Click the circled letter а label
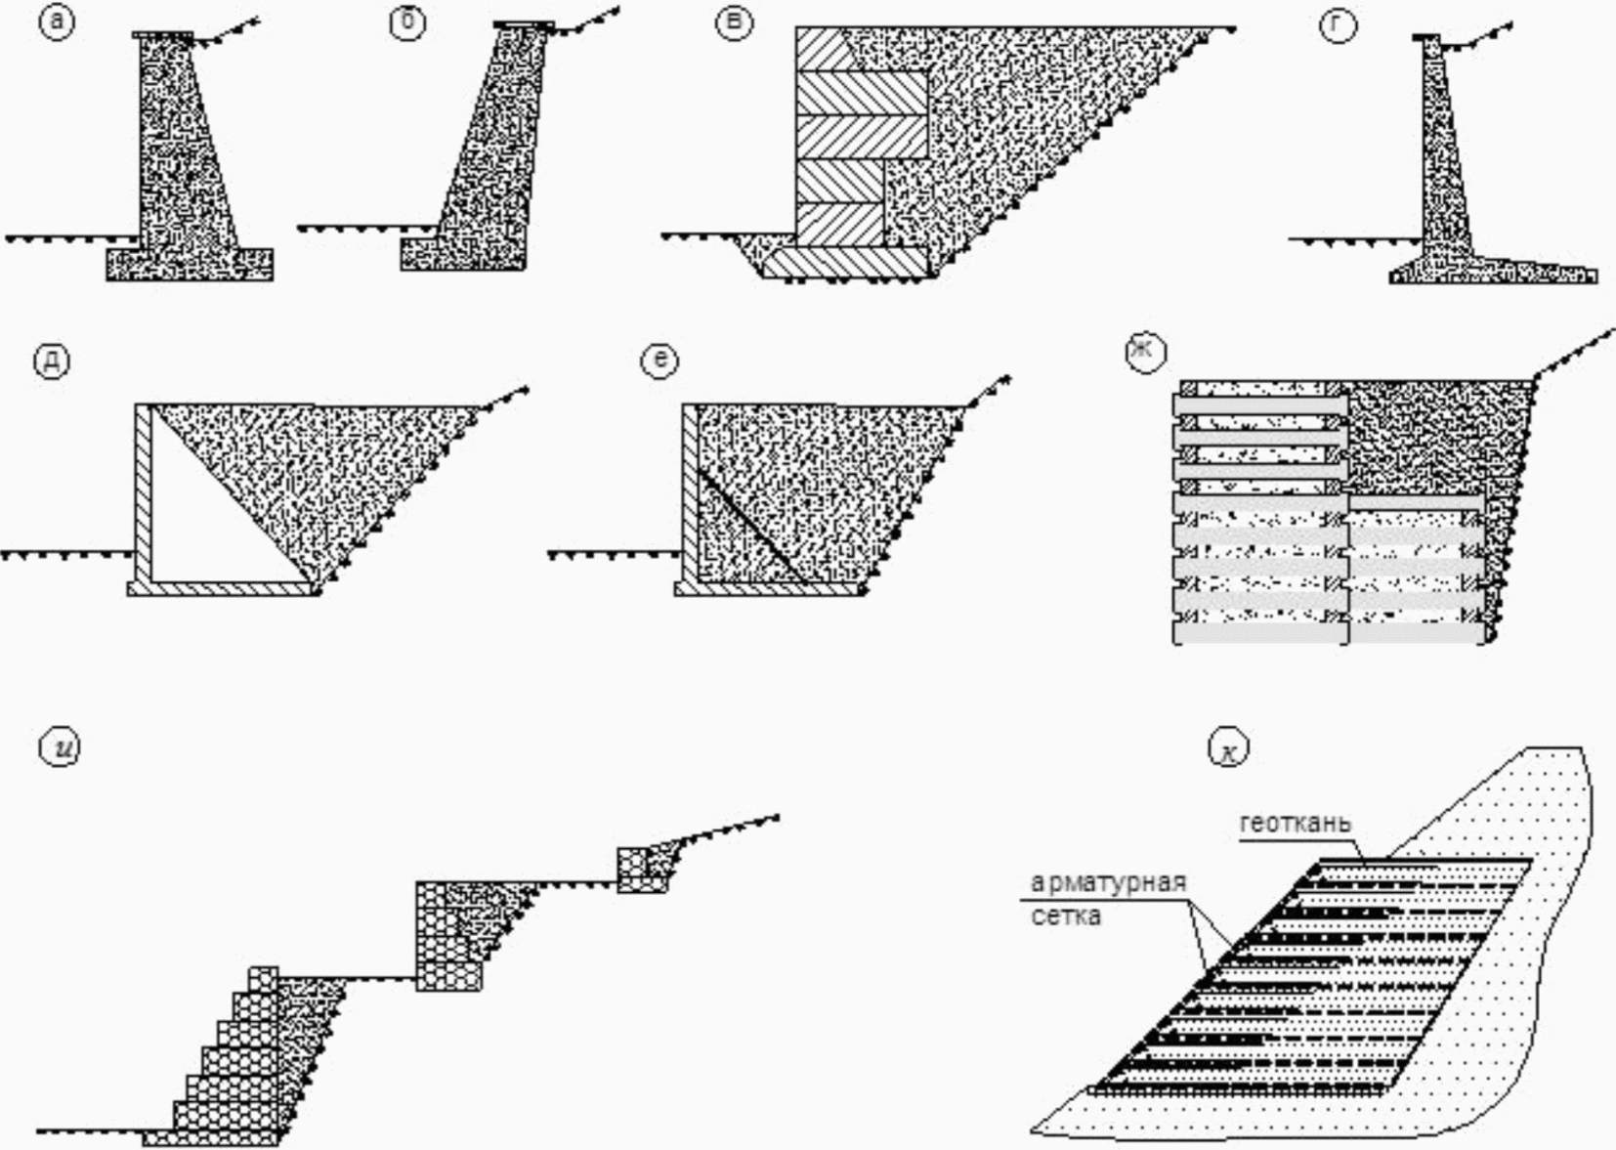point(57,21)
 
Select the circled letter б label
point(407,22)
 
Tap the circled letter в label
point(734,22)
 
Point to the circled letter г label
point(1338,24)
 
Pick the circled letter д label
point(52,361)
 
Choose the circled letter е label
point(659,360)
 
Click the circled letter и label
point(60,747)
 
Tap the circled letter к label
point(1228,747)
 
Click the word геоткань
point(1296,823)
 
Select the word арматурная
point(1108,882)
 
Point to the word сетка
point(1066,916)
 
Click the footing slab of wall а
point(190,265)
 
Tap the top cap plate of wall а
point(163,35)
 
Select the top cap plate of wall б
point(524,24)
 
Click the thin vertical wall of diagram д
point(144,493)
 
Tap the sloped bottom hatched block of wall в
point(845,262)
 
